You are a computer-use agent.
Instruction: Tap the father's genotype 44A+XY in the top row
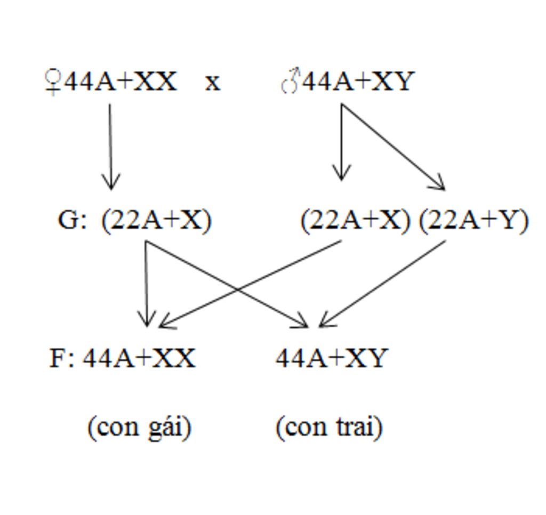click(x=358, y=82)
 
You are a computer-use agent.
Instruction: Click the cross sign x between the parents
click(x=213, y=83)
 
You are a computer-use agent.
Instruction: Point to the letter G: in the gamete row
click(x=71, y=220)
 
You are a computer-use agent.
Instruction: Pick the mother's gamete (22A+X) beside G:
click(x=156, y=220)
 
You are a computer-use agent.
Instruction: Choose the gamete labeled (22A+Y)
click(x=473, y=220)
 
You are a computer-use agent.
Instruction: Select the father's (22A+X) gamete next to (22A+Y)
click(x=355, y=220)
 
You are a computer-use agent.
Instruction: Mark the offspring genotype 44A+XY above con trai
click(x=331, y=358)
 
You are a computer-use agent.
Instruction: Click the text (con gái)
click(x=139, y=427)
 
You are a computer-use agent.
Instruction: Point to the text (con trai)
click(x=329, y=427)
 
